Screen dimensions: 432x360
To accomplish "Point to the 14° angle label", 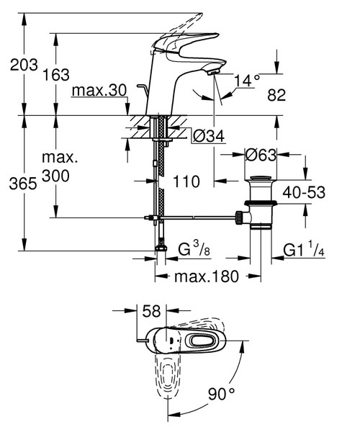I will pos(246,81).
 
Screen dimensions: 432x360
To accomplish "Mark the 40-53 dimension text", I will pos(302,192).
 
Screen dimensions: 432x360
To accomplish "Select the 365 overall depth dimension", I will pos(24,184).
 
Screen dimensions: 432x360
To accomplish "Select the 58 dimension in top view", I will pos(152,312).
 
